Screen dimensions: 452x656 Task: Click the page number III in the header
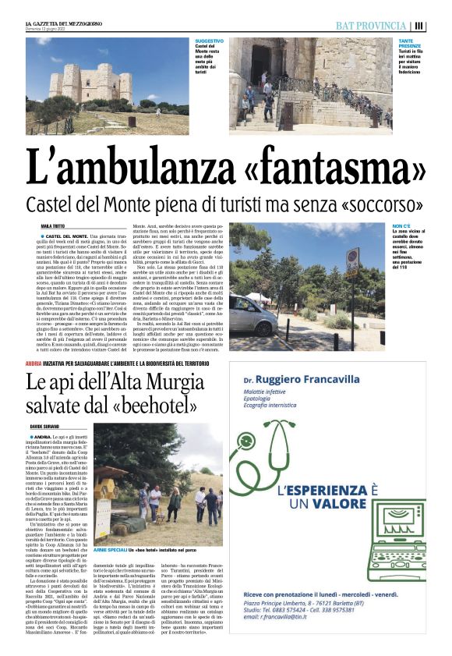pos(419,26)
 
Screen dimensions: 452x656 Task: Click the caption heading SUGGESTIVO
pos(208,41)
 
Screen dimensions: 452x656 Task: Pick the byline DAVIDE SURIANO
pos(46,426)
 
